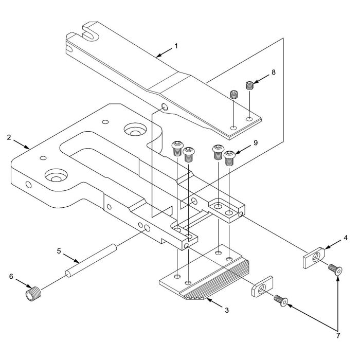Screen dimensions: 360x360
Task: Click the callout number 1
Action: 176,46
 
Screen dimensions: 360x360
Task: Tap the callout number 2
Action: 9,137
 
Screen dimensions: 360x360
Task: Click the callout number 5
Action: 59,251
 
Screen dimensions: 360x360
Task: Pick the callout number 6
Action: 11,276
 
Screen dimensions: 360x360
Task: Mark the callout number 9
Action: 256,142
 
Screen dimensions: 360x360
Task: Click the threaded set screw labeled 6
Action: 32,295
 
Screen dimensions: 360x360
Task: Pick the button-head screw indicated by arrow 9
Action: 230,156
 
